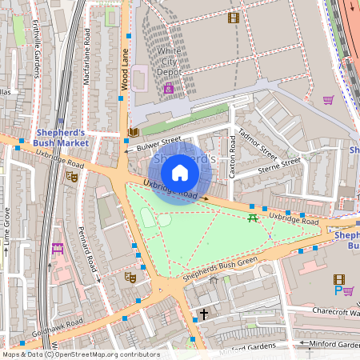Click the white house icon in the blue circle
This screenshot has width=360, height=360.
point(180,172)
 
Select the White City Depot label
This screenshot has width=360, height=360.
point(169,60)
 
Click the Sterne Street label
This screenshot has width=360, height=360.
point(279,166)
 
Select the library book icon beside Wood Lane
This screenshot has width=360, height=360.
point(133,131)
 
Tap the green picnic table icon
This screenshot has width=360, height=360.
point(253,218)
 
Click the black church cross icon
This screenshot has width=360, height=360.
point(204,314)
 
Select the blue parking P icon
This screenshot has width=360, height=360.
point(338,290)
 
